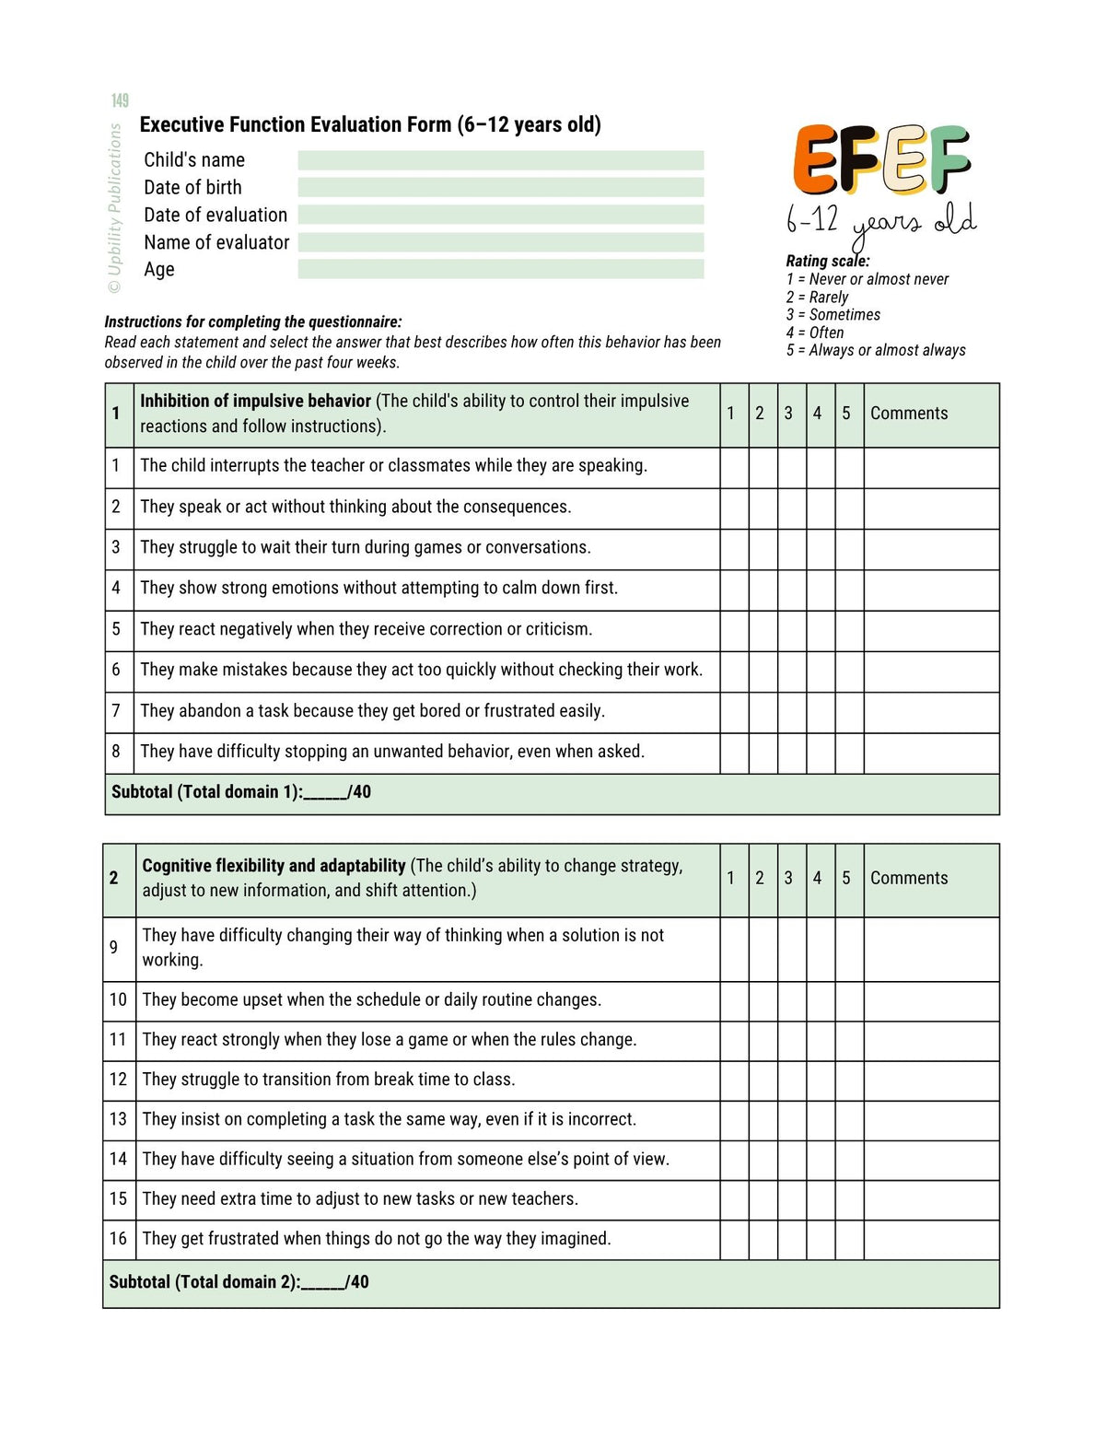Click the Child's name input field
coord(500,160)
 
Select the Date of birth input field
coord(500,187)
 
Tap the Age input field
coord(500,269)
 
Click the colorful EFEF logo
coord(881,160)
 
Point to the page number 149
coord(120,100)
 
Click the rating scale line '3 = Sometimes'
coord(833,314)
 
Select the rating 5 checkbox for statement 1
coord(848,468)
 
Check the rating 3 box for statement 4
coord(791,590)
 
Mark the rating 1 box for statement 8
coord(734,753)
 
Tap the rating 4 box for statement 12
coord(820,1080)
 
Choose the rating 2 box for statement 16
coord(763,1240)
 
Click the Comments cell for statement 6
coord(930,671)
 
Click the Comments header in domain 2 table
coord(908,878)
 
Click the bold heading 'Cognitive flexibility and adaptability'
coord(274,866)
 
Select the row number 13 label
coord(118,1119)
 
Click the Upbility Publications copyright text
coord(115,208)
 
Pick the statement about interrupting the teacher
coord(393,466)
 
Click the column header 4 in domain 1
coord(817,414)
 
